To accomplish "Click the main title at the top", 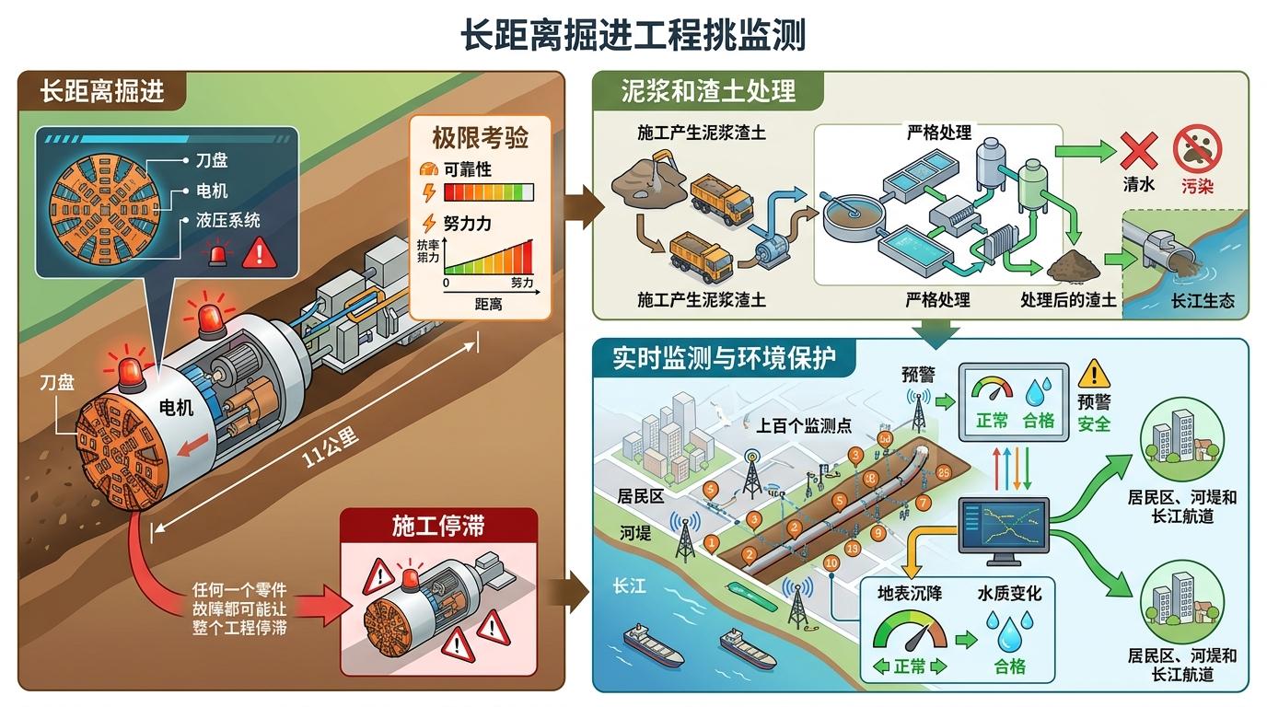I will click(x=633, y=36).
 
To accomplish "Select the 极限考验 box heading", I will click(x=480, y=139).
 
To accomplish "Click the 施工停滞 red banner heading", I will click(x=438, y=527).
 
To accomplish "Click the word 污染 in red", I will click(x=1197, y=186).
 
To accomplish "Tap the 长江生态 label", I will click(x=1202, y=301).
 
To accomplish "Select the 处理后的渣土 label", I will click(x=1068, y=300).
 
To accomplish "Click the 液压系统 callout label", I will click(x=228, y=221).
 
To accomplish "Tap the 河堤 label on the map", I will click(x=635, y=533).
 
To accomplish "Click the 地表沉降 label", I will click(x=909, y=594).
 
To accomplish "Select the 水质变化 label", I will click(x=1009, y=594).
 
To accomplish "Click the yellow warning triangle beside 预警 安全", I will click(x=1094, y=373).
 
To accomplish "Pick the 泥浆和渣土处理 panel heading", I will click(x=708, y=91).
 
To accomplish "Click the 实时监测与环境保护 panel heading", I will click(x=725, y=357).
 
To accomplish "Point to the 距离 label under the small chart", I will click(x=488, y=304).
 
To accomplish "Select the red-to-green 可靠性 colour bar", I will click(x=488, y=192).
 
